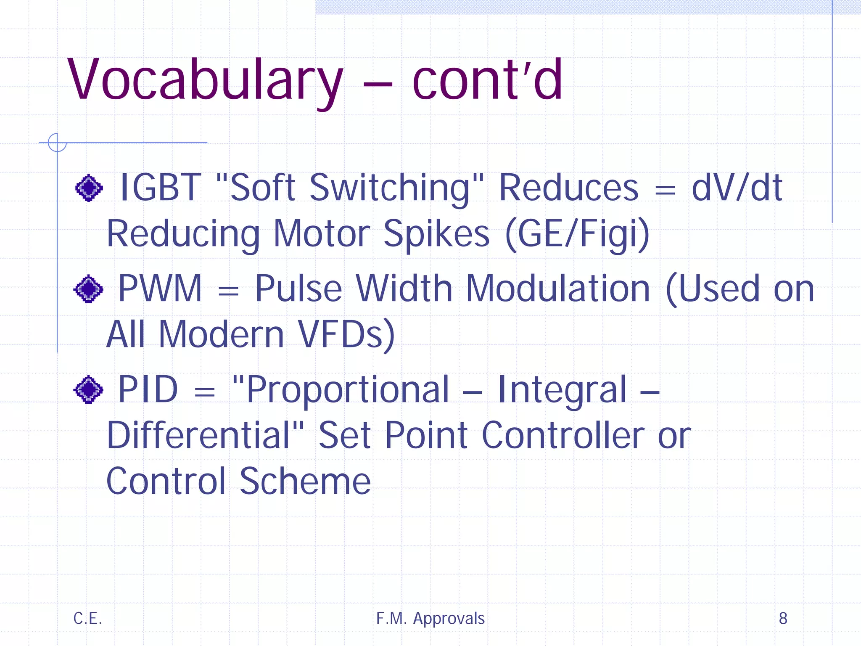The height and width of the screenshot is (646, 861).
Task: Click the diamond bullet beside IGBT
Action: coord(89,188)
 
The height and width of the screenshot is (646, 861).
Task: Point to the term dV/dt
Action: coord(737,188)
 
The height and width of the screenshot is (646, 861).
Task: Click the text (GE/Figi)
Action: coord(578,234)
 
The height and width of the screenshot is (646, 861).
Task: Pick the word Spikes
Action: coord(436,234)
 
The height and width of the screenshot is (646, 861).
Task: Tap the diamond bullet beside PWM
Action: coord(88,289)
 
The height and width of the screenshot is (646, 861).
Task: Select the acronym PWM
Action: coord(160,289)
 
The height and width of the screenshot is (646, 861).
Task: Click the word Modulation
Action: coord(558,289)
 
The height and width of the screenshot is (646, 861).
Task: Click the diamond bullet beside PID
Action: coord(88,389)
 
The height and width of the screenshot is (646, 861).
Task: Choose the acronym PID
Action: coord(148,389)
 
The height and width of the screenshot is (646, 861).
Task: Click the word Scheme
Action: coord(305,481)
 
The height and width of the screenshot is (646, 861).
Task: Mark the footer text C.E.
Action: coord(87,618)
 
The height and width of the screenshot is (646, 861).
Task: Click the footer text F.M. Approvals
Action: coord(430,618)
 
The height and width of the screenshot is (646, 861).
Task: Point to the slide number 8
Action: coord(783,618)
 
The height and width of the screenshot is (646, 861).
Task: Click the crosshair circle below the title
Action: coord(57,143)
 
